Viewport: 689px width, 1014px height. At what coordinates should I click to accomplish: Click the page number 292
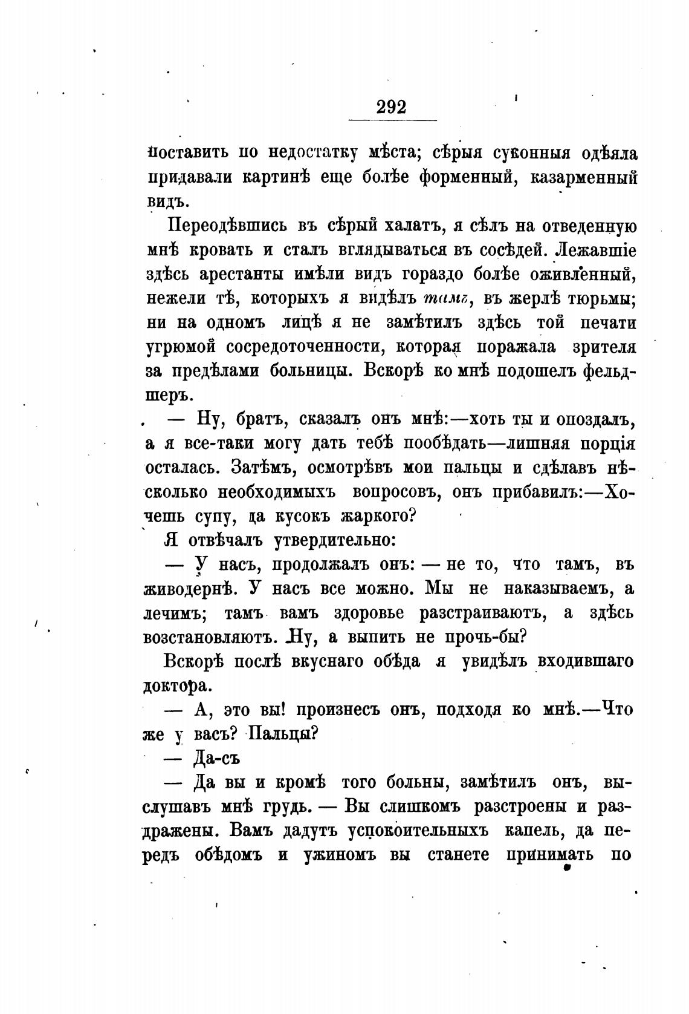point(392,107)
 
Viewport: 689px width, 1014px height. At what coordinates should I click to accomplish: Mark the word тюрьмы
point(600,298)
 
